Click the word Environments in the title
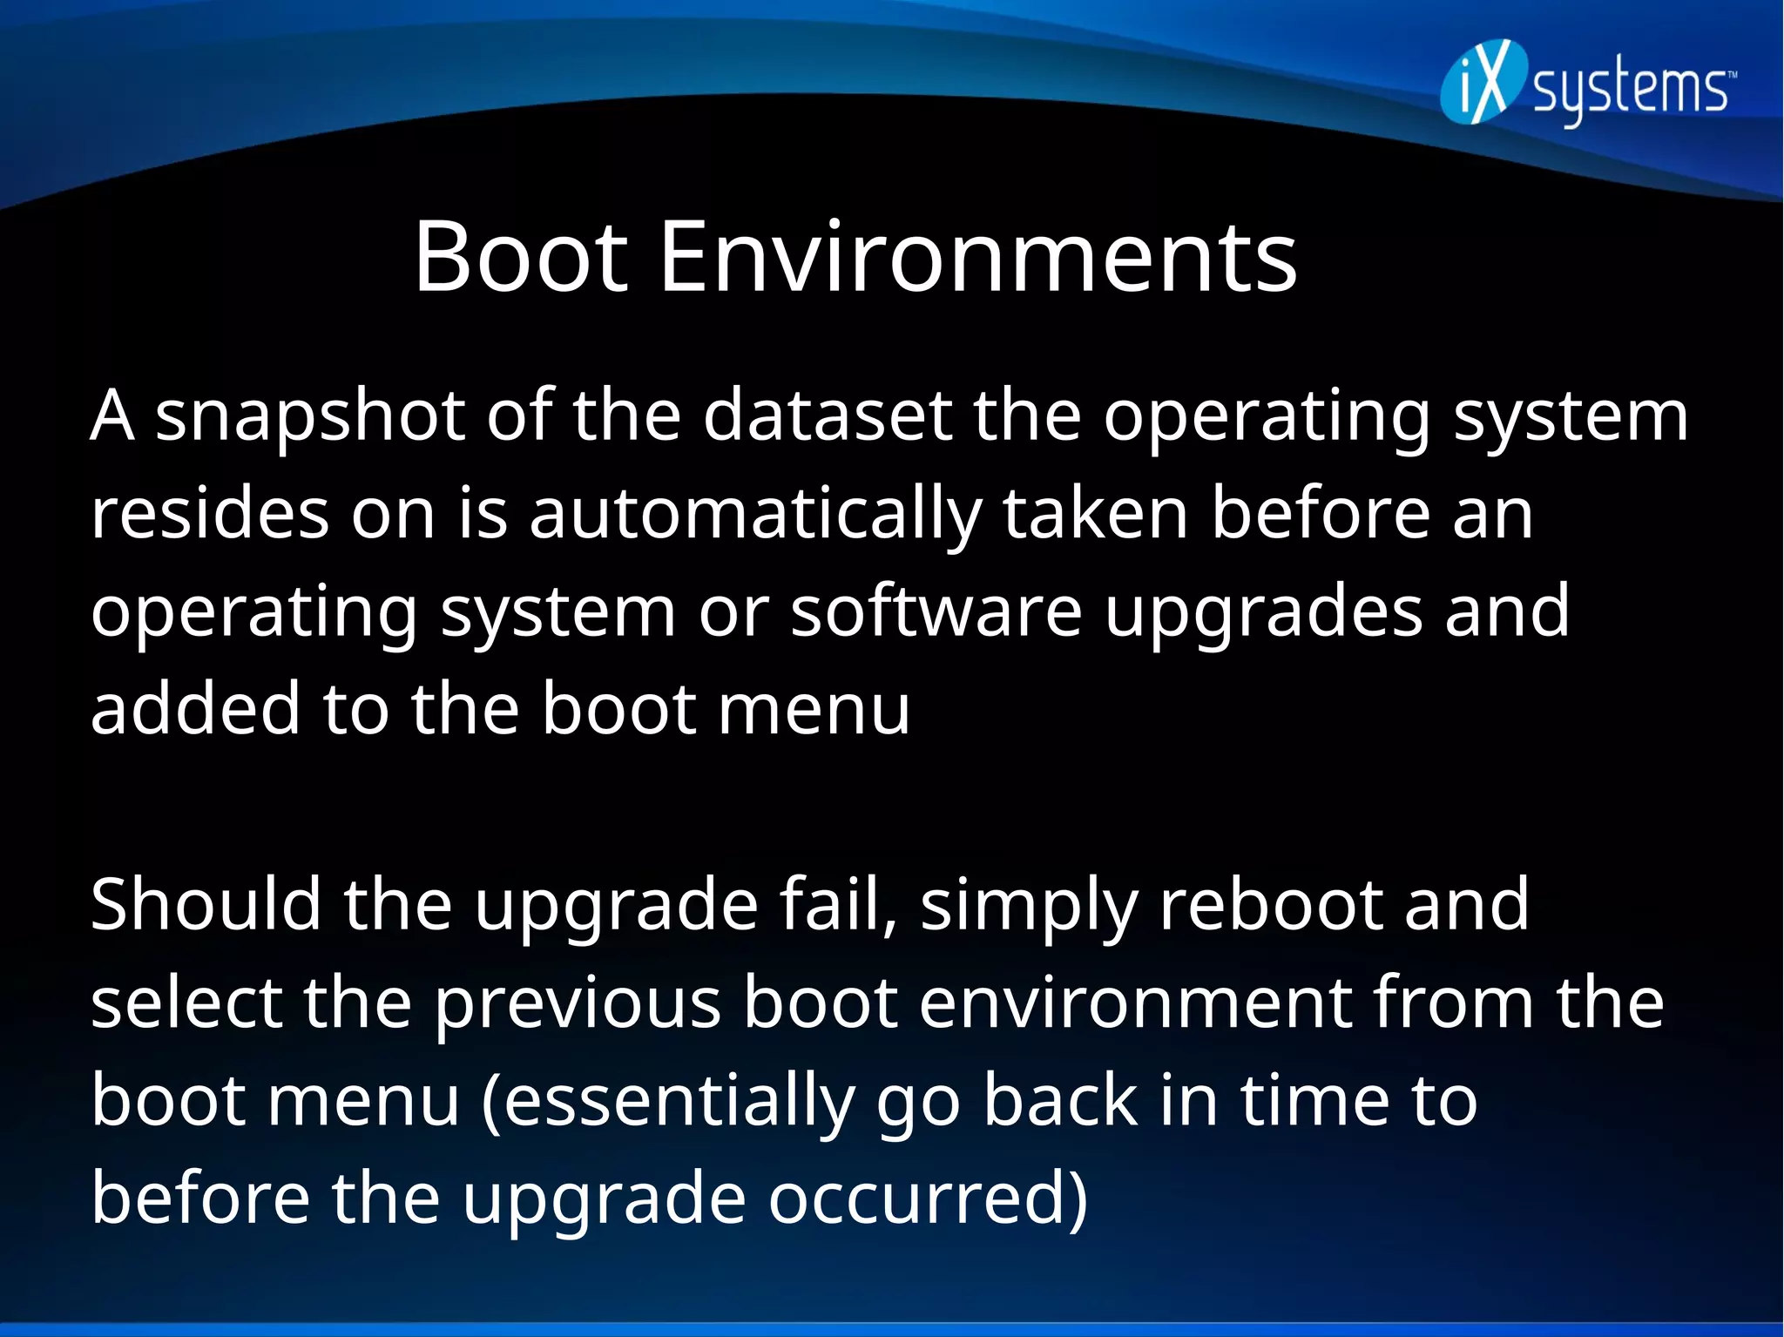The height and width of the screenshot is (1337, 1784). coord(978,258)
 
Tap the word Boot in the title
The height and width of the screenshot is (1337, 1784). coord(520,258)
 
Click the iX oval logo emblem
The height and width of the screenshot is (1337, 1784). coord(1484,83)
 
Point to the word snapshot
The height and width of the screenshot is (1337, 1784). coord(309,417)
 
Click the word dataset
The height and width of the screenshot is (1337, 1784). coord(828,415)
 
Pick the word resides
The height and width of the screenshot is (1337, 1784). coord(210,514)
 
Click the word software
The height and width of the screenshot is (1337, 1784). coord(936,611)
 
